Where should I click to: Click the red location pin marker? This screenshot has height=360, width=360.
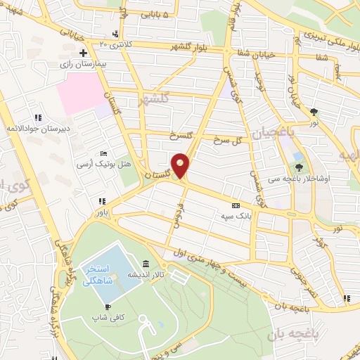181,165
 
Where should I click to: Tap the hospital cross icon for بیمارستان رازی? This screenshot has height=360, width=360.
84,53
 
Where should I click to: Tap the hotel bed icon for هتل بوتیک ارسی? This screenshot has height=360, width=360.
104,153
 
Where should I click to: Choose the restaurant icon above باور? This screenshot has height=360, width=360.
103,201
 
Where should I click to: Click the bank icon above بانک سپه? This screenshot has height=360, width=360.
235,205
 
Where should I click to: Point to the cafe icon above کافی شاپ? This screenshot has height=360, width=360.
107,307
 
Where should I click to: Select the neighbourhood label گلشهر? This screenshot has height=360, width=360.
155,98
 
